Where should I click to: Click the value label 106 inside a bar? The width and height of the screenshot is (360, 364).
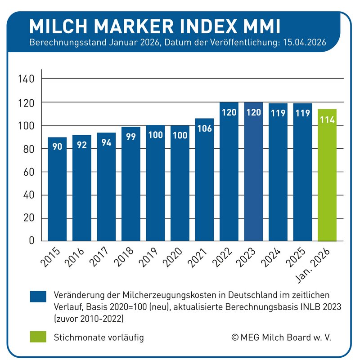[x=204, y=129]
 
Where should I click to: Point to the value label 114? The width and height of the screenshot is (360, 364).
[x=327, y=120]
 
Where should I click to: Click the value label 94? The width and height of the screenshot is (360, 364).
[x=106, y=143]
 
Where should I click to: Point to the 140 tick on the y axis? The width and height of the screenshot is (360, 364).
[x=26, y=80]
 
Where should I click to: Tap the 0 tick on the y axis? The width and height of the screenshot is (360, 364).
[x=31, y=241]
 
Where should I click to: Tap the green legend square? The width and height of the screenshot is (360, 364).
[x=38, y=337]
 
